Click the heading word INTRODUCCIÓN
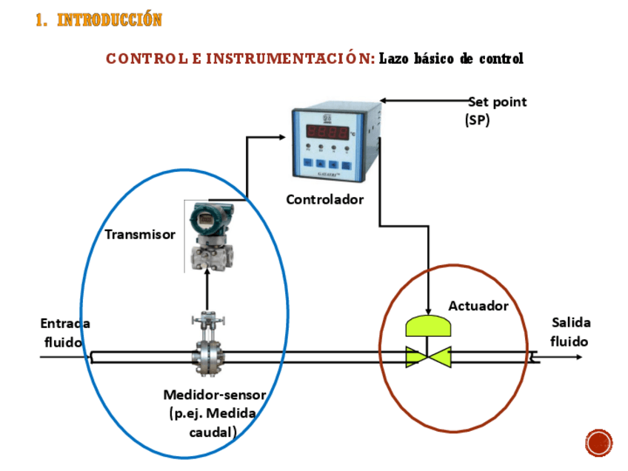[x=109, y=20]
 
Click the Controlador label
[x=325, y=199]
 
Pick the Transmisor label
[x=140, y=234]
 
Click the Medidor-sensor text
[x=214, y=394]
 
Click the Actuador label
[x=478, y=305]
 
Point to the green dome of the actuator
[x=429, y=326]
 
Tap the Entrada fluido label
[x=64, y=333]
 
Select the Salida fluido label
[x=570, y=332]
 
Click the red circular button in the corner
[x=598, y=442]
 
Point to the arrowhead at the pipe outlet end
[x=578, y=358]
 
